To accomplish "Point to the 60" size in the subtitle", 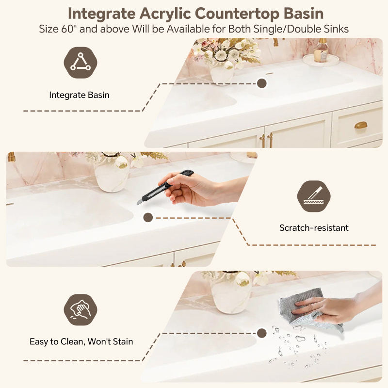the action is [67, 29].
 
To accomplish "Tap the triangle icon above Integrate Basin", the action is [81, 63].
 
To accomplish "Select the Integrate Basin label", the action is [79, 95].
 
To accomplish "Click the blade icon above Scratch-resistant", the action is [314, 196].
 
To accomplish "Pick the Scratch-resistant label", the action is [314, 227].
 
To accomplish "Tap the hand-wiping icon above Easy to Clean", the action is [81, 310].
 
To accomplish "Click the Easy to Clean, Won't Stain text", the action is [81, 341].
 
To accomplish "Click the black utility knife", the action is [164, 187].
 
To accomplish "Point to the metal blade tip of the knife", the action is [138, 202].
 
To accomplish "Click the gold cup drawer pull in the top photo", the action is [361, 125].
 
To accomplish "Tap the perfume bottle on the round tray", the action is [321, 50].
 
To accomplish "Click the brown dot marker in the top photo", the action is [261, 83].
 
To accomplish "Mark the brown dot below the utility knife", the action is [148, 217].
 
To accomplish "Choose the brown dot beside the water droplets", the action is [261, 333].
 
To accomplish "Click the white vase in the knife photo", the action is [112, 175].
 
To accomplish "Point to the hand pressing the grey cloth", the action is [329, 308].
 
